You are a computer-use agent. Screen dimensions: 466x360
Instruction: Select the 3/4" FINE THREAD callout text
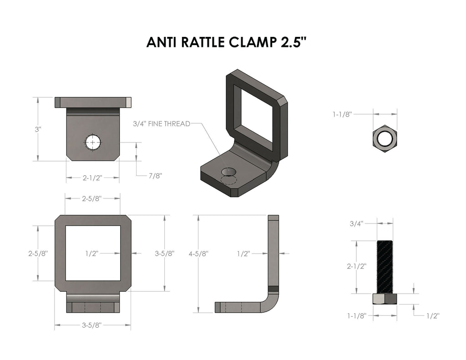click(162, 124)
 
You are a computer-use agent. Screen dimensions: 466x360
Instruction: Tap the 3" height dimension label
click(38, 129)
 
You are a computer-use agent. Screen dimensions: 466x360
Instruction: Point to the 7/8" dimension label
click(156, 176)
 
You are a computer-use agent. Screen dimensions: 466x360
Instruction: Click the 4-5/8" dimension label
click(198, 254)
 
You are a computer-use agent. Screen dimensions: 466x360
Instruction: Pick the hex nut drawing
click(385, 139)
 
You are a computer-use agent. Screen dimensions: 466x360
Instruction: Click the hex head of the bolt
click(385, 299)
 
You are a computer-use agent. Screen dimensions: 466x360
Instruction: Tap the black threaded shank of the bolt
click(385, 267)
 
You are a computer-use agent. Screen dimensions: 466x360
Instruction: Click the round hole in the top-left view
click(93, 142)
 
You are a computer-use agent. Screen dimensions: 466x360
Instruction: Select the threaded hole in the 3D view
click(228, 172)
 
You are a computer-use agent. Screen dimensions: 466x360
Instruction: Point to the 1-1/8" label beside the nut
click(342, 114)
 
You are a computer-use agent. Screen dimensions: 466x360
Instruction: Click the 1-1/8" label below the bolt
click(357, 315)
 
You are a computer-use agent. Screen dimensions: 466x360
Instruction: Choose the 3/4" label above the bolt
click(356, 223)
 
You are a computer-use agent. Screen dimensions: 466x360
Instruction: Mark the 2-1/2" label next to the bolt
click(356, 266)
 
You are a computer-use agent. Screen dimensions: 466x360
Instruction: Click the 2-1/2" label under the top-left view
click(92, 178)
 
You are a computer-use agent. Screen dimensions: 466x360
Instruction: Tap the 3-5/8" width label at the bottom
click(92, 325)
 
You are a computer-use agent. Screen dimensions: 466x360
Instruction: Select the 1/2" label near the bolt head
click(433, 316)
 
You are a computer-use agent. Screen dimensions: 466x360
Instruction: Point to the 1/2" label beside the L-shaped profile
click(243, 254)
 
